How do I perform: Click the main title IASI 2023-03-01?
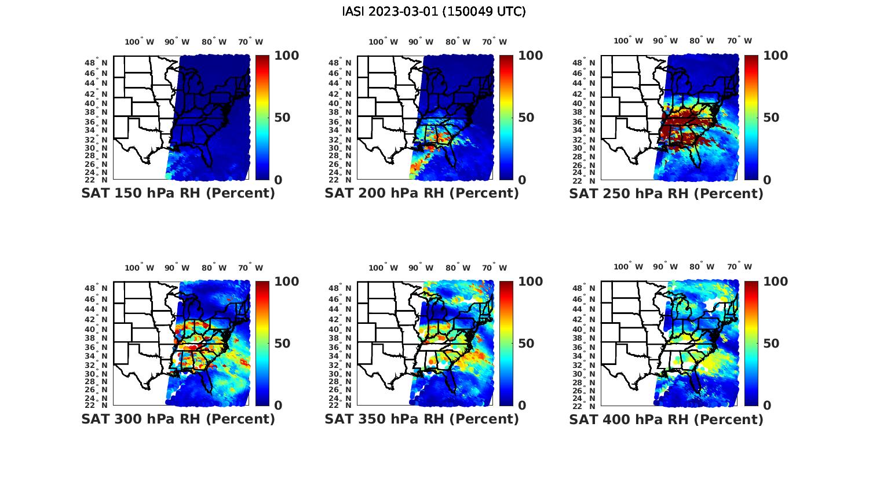(434, 12)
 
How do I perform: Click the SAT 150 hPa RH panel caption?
(178, 194)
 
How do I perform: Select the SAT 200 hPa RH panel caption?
(422, 194)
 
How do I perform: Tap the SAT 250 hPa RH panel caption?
(666, 194)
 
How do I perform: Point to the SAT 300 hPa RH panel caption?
(178, 419)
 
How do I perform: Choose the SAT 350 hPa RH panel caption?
(422, 419)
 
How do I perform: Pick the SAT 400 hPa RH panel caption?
(666, 419)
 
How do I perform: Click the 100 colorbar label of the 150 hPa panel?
(286, 56)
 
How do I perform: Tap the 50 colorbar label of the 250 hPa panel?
(771, 118)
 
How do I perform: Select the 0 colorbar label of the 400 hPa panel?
(768, 406)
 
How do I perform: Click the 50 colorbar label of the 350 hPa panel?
(526, 344)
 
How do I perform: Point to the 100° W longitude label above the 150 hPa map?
(140, 42)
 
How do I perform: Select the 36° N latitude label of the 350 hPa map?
(345, 347)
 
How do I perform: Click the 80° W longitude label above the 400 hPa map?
(702, 267)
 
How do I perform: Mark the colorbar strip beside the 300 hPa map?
(262, 343)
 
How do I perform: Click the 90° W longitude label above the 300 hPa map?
(177, 268)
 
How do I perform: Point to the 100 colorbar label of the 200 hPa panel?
(530, 56)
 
